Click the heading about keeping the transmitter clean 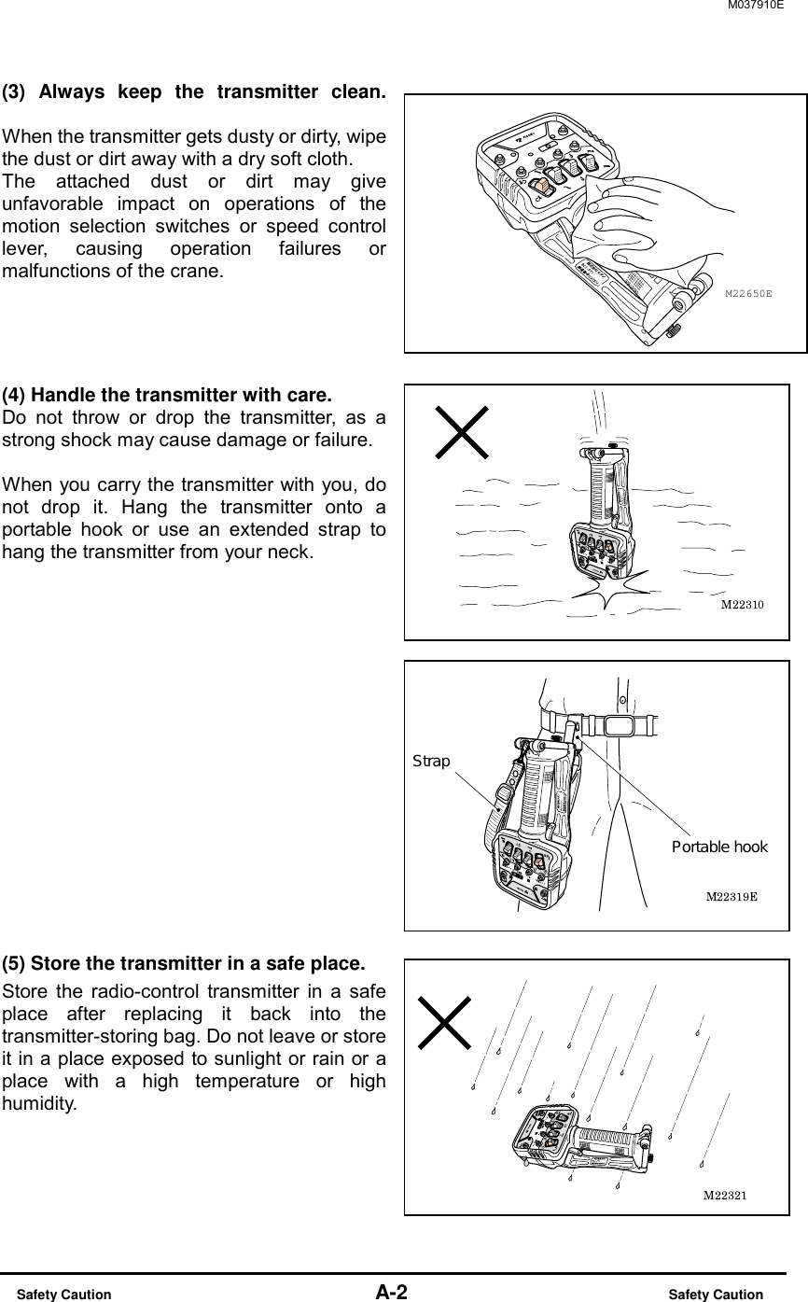point(193,92)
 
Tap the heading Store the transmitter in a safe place point(183,962)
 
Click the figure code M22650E point(749,293)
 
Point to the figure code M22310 point(743,605)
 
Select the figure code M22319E point(731,897)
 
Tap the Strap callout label point(431,762)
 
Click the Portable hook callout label point(719,847)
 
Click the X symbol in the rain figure point(445,1022)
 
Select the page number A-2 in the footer point(391,1293)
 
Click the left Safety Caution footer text point(64,1295)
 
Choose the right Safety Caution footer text point(716,1295)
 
